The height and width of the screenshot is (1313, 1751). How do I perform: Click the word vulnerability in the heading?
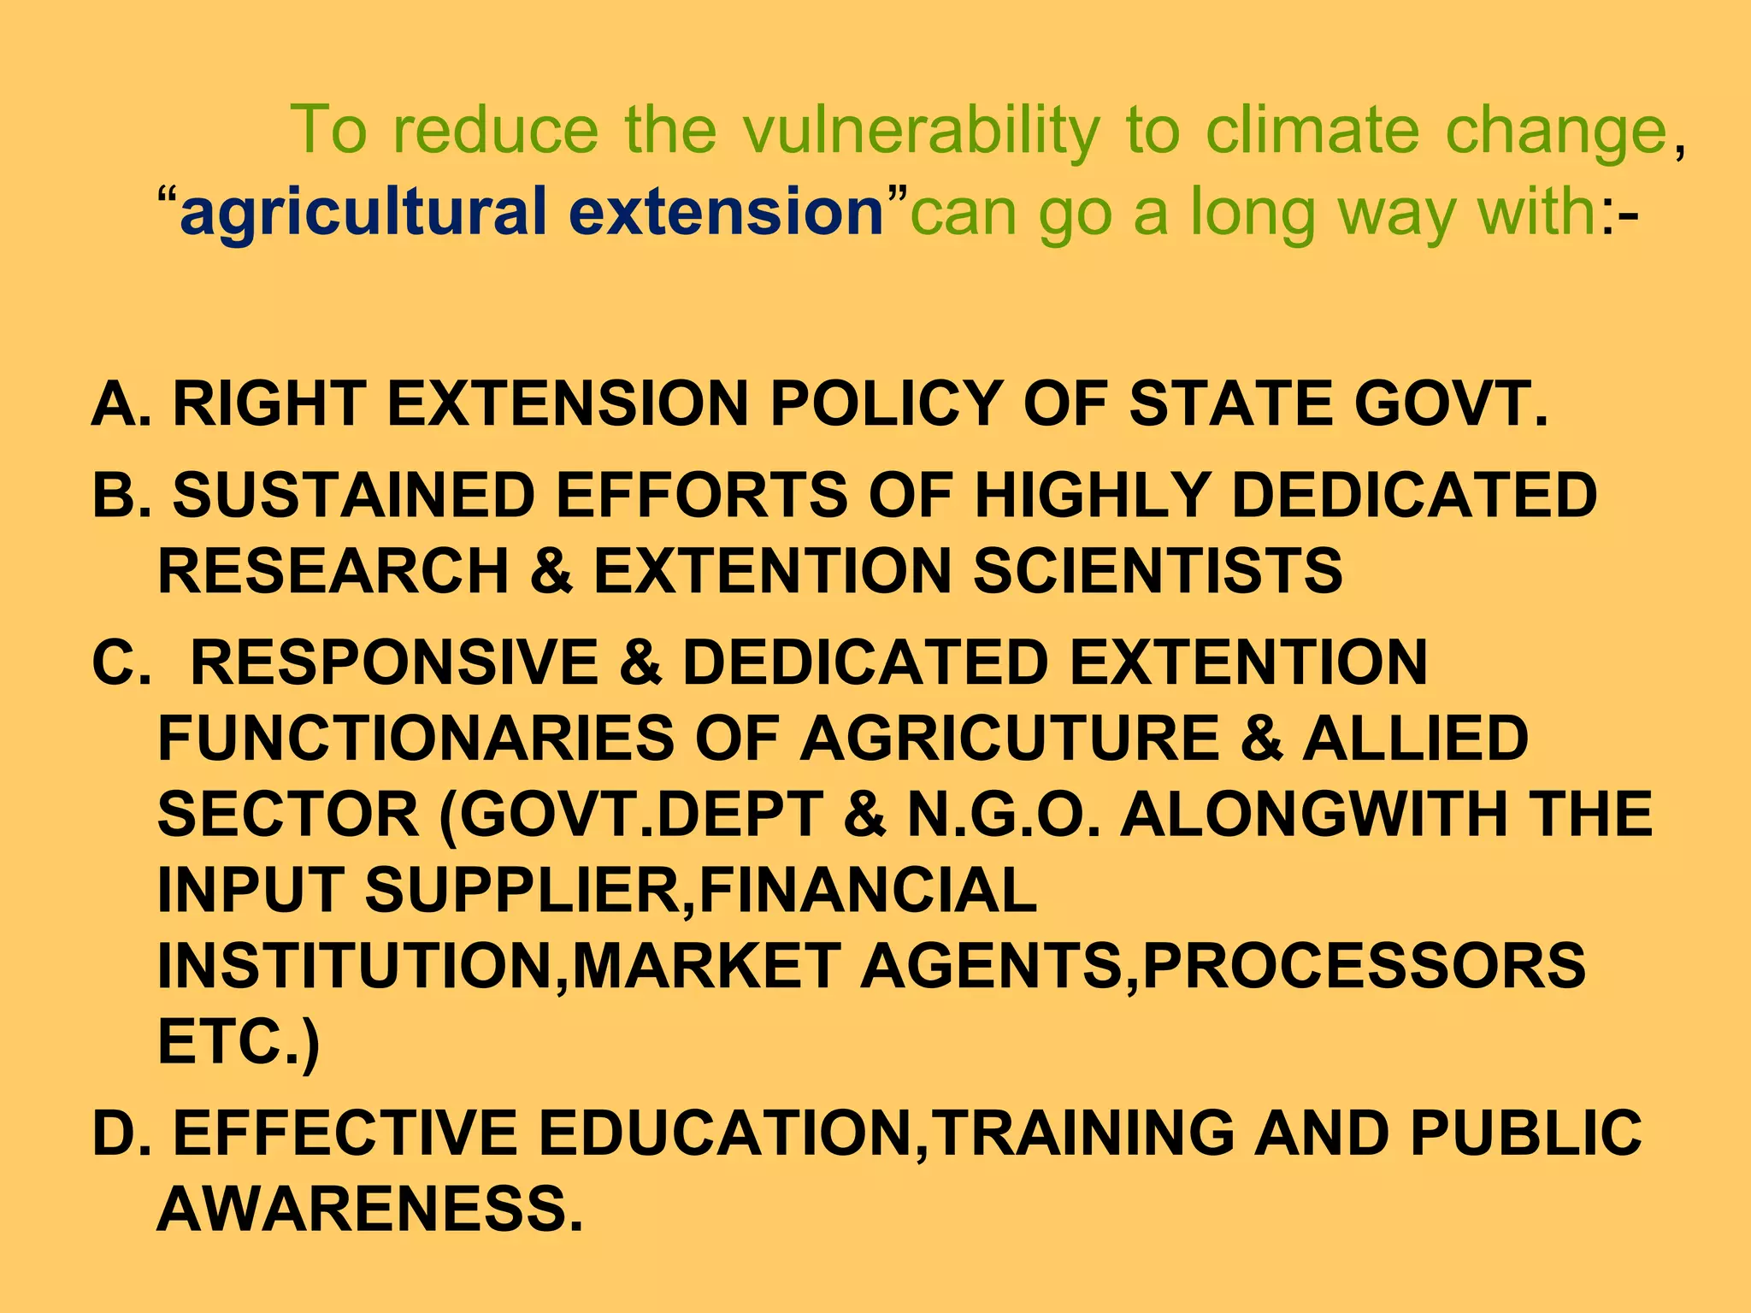[x=921, y=131]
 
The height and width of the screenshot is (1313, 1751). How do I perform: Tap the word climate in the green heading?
[x=1312, y=131]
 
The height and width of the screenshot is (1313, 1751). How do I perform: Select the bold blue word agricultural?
[x=363, y=212]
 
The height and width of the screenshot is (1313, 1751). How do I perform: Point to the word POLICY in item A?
[x=886, y=403]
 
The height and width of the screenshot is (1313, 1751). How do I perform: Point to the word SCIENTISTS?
[x=1158, y=571]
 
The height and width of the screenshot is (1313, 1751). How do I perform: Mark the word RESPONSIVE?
[x=394, y=662]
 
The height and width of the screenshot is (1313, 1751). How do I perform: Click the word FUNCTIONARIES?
[x=416, y=739]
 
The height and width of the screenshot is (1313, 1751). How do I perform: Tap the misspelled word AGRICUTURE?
[x=1010, y=739]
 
